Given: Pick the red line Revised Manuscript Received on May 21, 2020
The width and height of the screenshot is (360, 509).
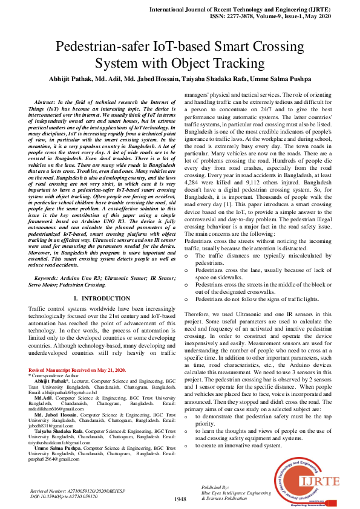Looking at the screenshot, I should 77,369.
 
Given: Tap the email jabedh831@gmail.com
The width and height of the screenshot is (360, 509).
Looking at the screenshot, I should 55,425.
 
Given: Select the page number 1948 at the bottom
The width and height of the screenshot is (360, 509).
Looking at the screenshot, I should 180,499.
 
